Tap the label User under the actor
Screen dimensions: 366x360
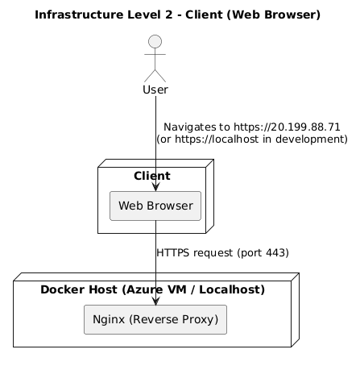pyautogui.click(x=155, y=89)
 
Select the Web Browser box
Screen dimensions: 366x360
pyautogui.click(x=155, y=206)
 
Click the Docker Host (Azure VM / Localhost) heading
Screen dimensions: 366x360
pyautogui.click(x=152, y=289)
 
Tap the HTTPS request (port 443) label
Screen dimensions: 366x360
pyautogui.click(x=222, y=252)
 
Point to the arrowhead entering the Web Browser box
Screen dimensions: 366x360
pyautogui.click(x=155, y=187)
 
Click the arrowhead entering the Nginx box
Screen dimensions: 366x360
pyautogui.click(x=155, y=300)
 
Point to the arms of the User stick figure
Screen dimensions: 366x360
pyautogui.click(x=155, y=56)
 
